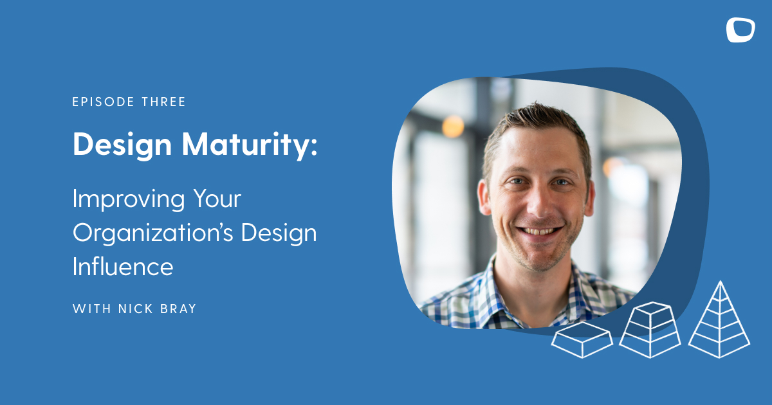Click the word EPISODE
[x=103, y=102]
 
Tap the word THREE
[x=163, y=102]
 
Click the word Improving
[x=128, y=200]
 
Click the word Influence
[x=123, y=267]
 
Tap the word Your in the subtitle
[x=217, y=199]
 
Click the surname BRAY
[x=178, y=309]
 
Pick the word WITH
[x=91, y=309]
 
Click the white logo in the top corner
[x=740, y=30]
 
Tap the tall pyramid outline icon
[x=720, y=320]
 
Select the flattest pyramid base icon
[x=582, y=340]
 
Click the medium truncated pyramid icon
[x=650, y=330]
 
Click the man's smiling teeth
[x=539, y=231]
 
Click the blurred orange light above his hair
[x=453, y=127]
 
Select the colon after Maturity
[x=314, y=148]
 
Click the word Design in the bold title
[x=122, y=145]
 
